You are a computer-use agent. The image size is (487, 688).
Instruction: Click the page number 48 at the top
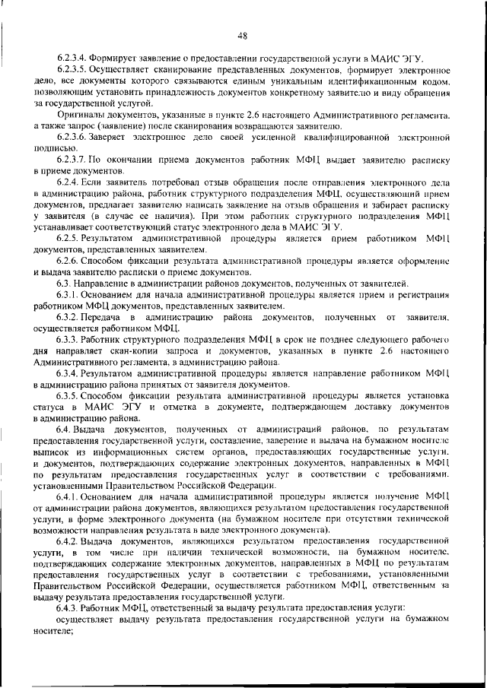pyautogui.click(x=243, y=34)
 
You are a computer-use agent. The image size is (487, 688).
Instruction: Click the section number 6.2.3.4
pyautogui.click(x=72, y=59)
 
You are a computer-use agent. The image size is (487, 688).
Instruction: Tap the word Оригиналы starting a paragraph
pyautogui.click(x=80, y=115)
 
